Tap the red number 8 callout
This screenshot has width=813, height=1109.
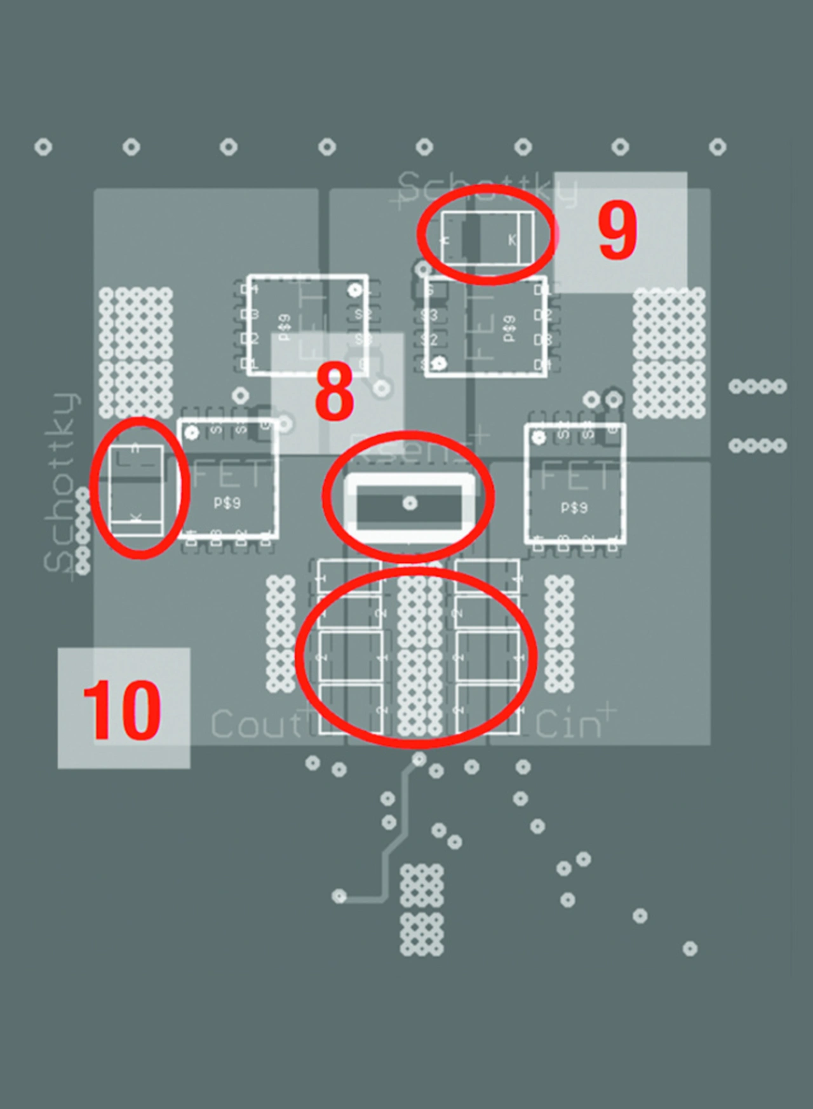point(335,392)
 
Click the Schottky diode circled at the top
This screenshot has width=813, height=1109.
point(487,238)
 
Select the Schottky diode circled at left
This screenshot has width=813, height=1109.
point(137,490)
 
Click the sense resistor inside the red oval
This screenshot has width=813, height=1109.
point(409,504)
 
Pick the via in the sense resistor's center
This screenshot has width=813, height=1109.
point(410,503)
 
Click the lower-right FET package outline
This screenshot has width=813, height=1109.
point(575,484)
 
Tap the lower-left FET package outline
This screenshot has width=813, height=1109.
point(228,479)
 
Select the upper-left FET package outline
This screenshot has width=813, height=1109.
point(307,325)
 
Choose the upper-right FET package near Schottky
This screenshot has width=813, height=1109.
point(486,326)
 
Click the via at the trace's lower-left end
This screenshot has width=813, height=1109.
point(339,896)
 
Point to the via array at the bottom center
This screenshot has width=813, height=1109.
point(422,909)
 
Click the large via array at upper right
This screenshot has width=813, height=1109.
point(669,353)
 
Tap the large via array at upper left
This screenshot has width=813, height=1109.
point(136,353)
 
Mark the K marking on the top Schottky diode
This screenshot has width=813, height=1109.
point(512,240)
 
